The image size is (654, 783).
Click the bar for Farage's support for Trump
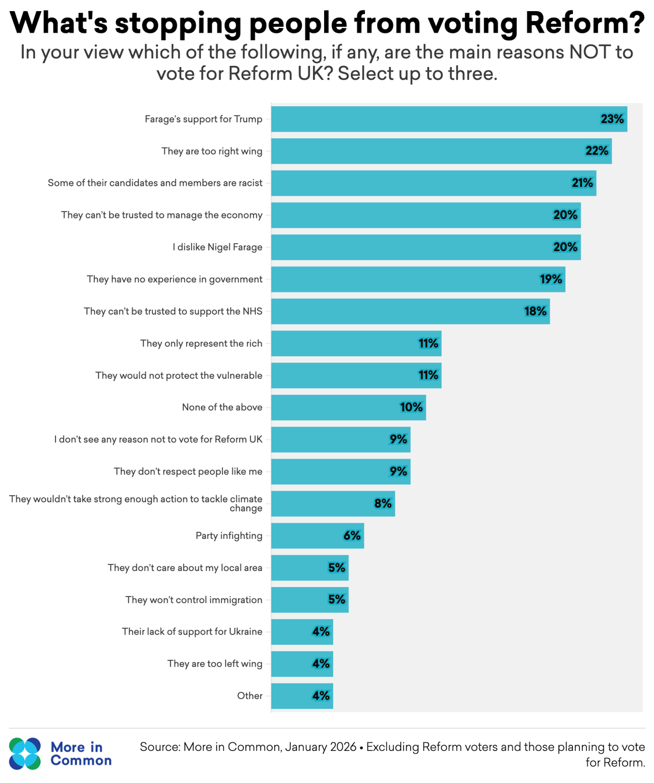pyautogui.click(x=448, y=119)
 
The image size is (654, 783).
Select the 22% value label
pyautogui.click(x=597, y=151)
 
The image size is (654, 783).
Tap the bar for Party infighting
pyautogui.click(x=317, y=535)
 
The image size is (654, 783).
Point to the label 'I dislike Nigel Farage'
pyautogui.click(x=217, y=247)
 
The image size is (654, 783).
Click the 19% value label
pyautogui.click(x=551, y=279)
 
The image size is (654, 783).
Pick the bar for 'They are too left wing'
pyautogui.click(x=302, y=664)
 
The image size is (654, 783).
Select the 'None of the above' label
pyautogui.click(x=222, y=407)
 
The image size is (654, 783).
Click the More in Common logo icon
pyautogui.click(x=25, y=753)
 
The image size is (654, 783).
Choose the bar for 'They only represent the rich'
pyautogui.click(x=356, y=343)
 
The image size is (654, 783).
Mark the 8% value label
pyautogui.click(x=383, y=503)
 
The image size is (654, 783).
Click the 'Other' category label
pyautogui.click(x=249, y=695)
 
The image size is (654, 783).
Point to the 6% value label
pyautogui.click(x=352, y=535)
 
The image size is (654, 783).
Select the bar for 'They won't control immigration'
pyautogui.click(x=309, y=600)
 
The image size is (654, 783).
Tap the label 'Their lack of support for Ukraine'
pyautogui.click(x=192, y=631)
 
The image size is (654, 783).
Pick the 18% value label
pyautogui.click(x=535, y=311)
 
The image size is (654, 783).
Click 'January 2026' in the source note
pyautogui.click(x=321, y=747)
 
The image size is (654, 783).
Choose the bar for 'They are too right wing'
pyautogui.click(x=441, y=151)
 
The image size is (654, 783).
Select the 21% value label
pyautogui.click(x=582, y=183)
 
